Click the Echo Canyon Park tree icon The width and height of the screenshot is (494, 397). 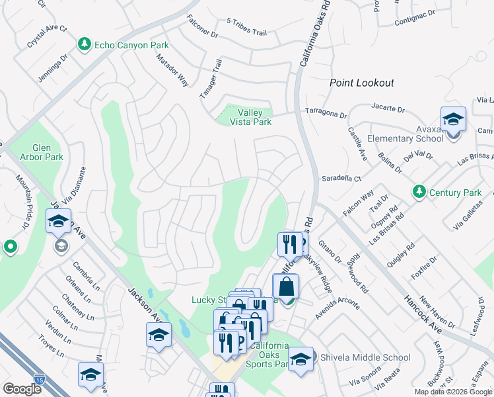pos(84,45)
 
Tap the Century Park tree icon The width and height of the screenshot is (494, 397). pos(418,192)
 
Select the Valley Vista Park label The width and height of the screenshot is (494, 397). pos(250,117)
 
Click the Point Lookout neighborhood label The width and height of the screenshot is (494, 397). pos(362,83)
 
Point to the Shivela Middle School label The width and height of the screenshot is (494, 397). pos(365,357)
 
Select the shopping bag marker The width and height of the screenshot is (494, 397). pos(285,288)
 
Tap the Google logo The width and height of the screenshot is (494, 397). pos(22,389)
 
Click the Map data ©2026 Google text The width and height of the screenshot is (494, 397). pos(453,392)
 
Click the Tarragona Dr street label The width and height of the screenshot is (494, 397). pos(325,113)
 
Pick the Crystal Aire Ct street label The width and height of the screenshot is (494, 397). pos(48,37)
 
